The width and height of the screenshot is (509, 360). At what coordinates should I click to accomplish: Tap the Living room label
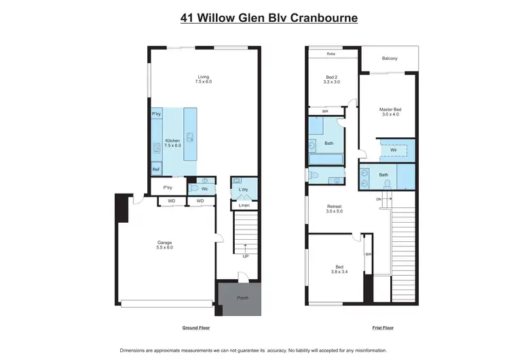tap(204, 79)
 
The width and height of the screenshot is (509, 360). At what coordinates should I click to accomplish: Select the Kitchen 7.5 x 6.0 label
tap(173, 143)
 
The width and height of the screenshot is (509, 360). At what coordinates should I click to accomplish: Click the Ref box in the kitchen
tap(156, 170)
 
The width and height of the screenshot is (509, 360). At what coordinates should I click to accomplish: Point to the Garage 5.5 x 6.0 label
tap(165, 245)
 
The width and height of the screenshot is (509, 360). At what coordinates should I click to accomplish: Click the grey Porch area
tap(242, 297)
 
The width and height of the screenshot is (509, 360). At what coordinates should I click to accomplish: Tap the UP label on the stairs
tap(245, 257)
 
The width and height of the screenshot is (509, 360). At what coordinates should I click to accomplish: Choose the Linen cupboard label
tap(244, 205)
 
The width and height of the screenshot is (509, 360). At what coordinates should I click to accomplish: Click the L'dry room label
tap(244, 190)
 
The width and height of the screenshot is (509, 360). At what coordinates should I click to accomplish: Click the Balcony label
tap(389, 58)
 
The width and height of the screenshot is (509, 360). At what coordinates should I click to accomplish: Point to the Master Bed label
tap(391, 111)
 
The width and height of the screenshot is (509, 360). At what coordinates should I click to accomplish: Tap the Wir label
tap(393, 150)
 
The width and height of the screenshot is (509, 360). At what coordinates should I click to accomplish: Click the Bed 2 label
tap(332, 79)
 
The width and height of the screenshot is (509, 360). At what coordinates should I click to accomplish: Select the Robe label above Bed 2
tap(331, 53)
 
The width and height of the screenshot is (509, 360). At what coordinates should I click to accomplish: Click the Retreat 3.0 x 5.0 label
tap(335, 209)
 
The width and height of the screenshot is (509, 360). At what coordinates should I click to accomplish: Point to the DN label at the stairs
tap(378, 199)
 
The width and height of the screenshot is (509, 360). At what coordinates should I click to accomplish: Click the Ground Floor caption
tap(195, 328)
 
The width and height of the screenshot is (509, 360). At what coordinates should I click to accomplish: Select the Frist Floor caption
tap(383, 328)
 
